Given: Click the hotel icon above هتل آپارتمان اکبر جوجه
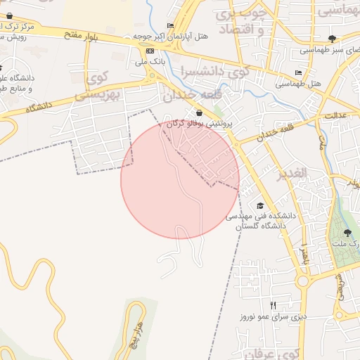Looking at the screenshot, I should coord(171,25).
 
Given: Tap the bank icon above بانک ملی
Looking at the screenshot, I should coord(150,51).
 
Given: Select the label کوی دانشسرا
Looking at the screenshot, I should coord(214,72).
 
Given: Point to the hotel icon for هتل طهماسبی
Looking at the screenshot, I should coord(299,72).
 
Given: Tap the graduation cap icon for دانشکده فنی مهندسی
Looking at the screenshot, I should coord(261,205).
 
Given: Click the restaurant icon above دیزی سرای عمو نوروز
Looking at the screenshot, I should coord(274,305).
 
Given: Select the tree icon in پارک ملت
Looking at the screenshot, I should coord(346,233).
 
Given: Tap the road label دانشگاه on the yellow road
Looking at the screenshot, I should coord(40,108).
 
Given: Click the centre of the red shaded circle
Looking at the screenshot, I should coord(180,179).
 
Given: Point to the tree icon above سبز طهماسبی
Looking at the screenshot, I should coord(332,39).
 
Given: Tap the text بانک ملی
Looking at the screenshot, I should coord(148,63).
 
